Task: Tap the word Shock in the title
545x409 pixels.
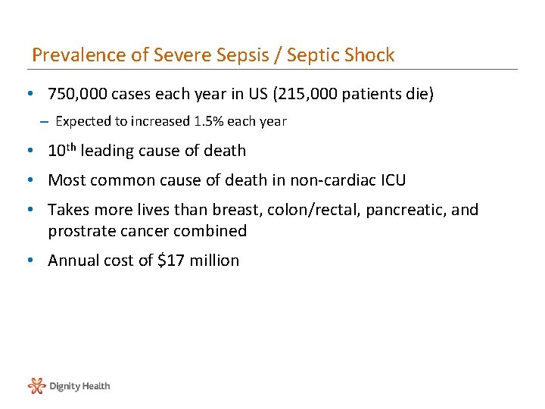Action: [369, 55]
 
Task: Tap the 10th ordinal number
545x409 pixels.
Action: [61, 150]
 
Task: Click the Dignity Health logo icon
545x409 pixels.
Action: [36, 386]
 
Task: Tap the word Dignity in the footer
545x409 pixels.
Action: [64, 386]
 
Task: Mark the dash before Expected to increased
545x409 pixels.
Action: [45, 121]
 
